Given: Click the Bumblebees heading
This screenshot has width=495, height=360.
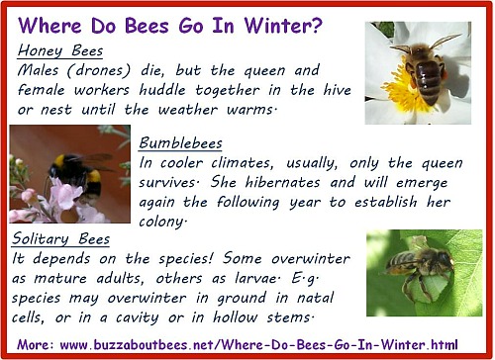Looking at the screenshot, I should pyautogui.click(x=181, y=142).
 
